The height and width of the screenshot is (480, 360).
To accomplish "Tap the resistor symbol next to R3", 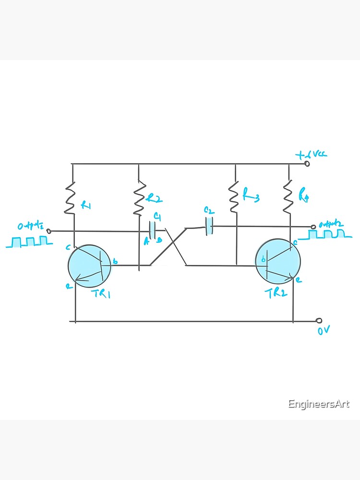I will coord(234,197).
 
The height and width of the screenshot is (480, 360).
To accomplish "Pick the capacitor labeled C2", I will coord(209,226).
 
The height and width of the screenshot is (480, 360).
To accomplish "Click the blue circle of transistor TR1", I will coord(89,264).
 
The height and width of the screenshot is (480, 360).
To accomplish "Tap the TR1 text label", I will coord(101,294).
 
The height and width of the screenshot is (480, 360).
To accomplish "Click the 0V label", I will coord(324,331).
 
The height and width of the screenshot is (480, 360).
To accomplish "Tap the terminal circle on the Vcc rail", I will coord(307,164).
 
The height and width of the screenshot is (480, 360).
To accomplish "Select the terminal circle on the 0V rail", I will coord(319,320).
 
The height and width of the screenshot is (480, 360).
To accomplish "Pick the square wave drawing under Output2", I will coord(326,234).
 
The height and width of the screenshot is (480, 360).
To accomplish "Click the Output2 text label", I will coord(331,224).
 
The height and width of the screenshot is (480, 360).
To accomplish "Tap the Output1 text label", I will coord(30,226).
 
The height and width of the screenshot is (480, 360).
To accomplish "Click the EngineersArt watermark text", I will coord(319,404).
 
